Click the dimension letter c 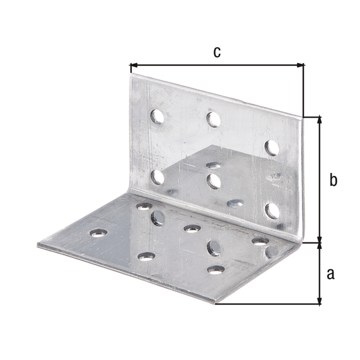click(x=217, y=52)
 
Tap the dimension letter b click(x=334, y=179)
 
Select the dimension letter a click(x=329, y=274)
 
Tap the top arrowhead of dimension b click(x=319, y=120)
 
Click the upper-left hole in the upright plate click(x=157, y=116)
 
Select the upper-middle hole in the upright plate click(x=214, y=119)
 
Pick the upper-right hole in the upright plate click(x=272, y=147)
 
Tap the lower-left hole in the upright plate click(x=157, y=176)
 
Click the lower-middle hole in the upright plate click(x=214, y=181)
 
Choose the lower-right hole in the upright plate click(x=272, y=210)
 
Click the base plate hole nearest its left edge click(x=98, y=232)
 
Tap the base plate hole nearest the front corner click(x=215, y=269)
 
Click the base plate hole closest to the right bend click(x=260, y=241)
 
